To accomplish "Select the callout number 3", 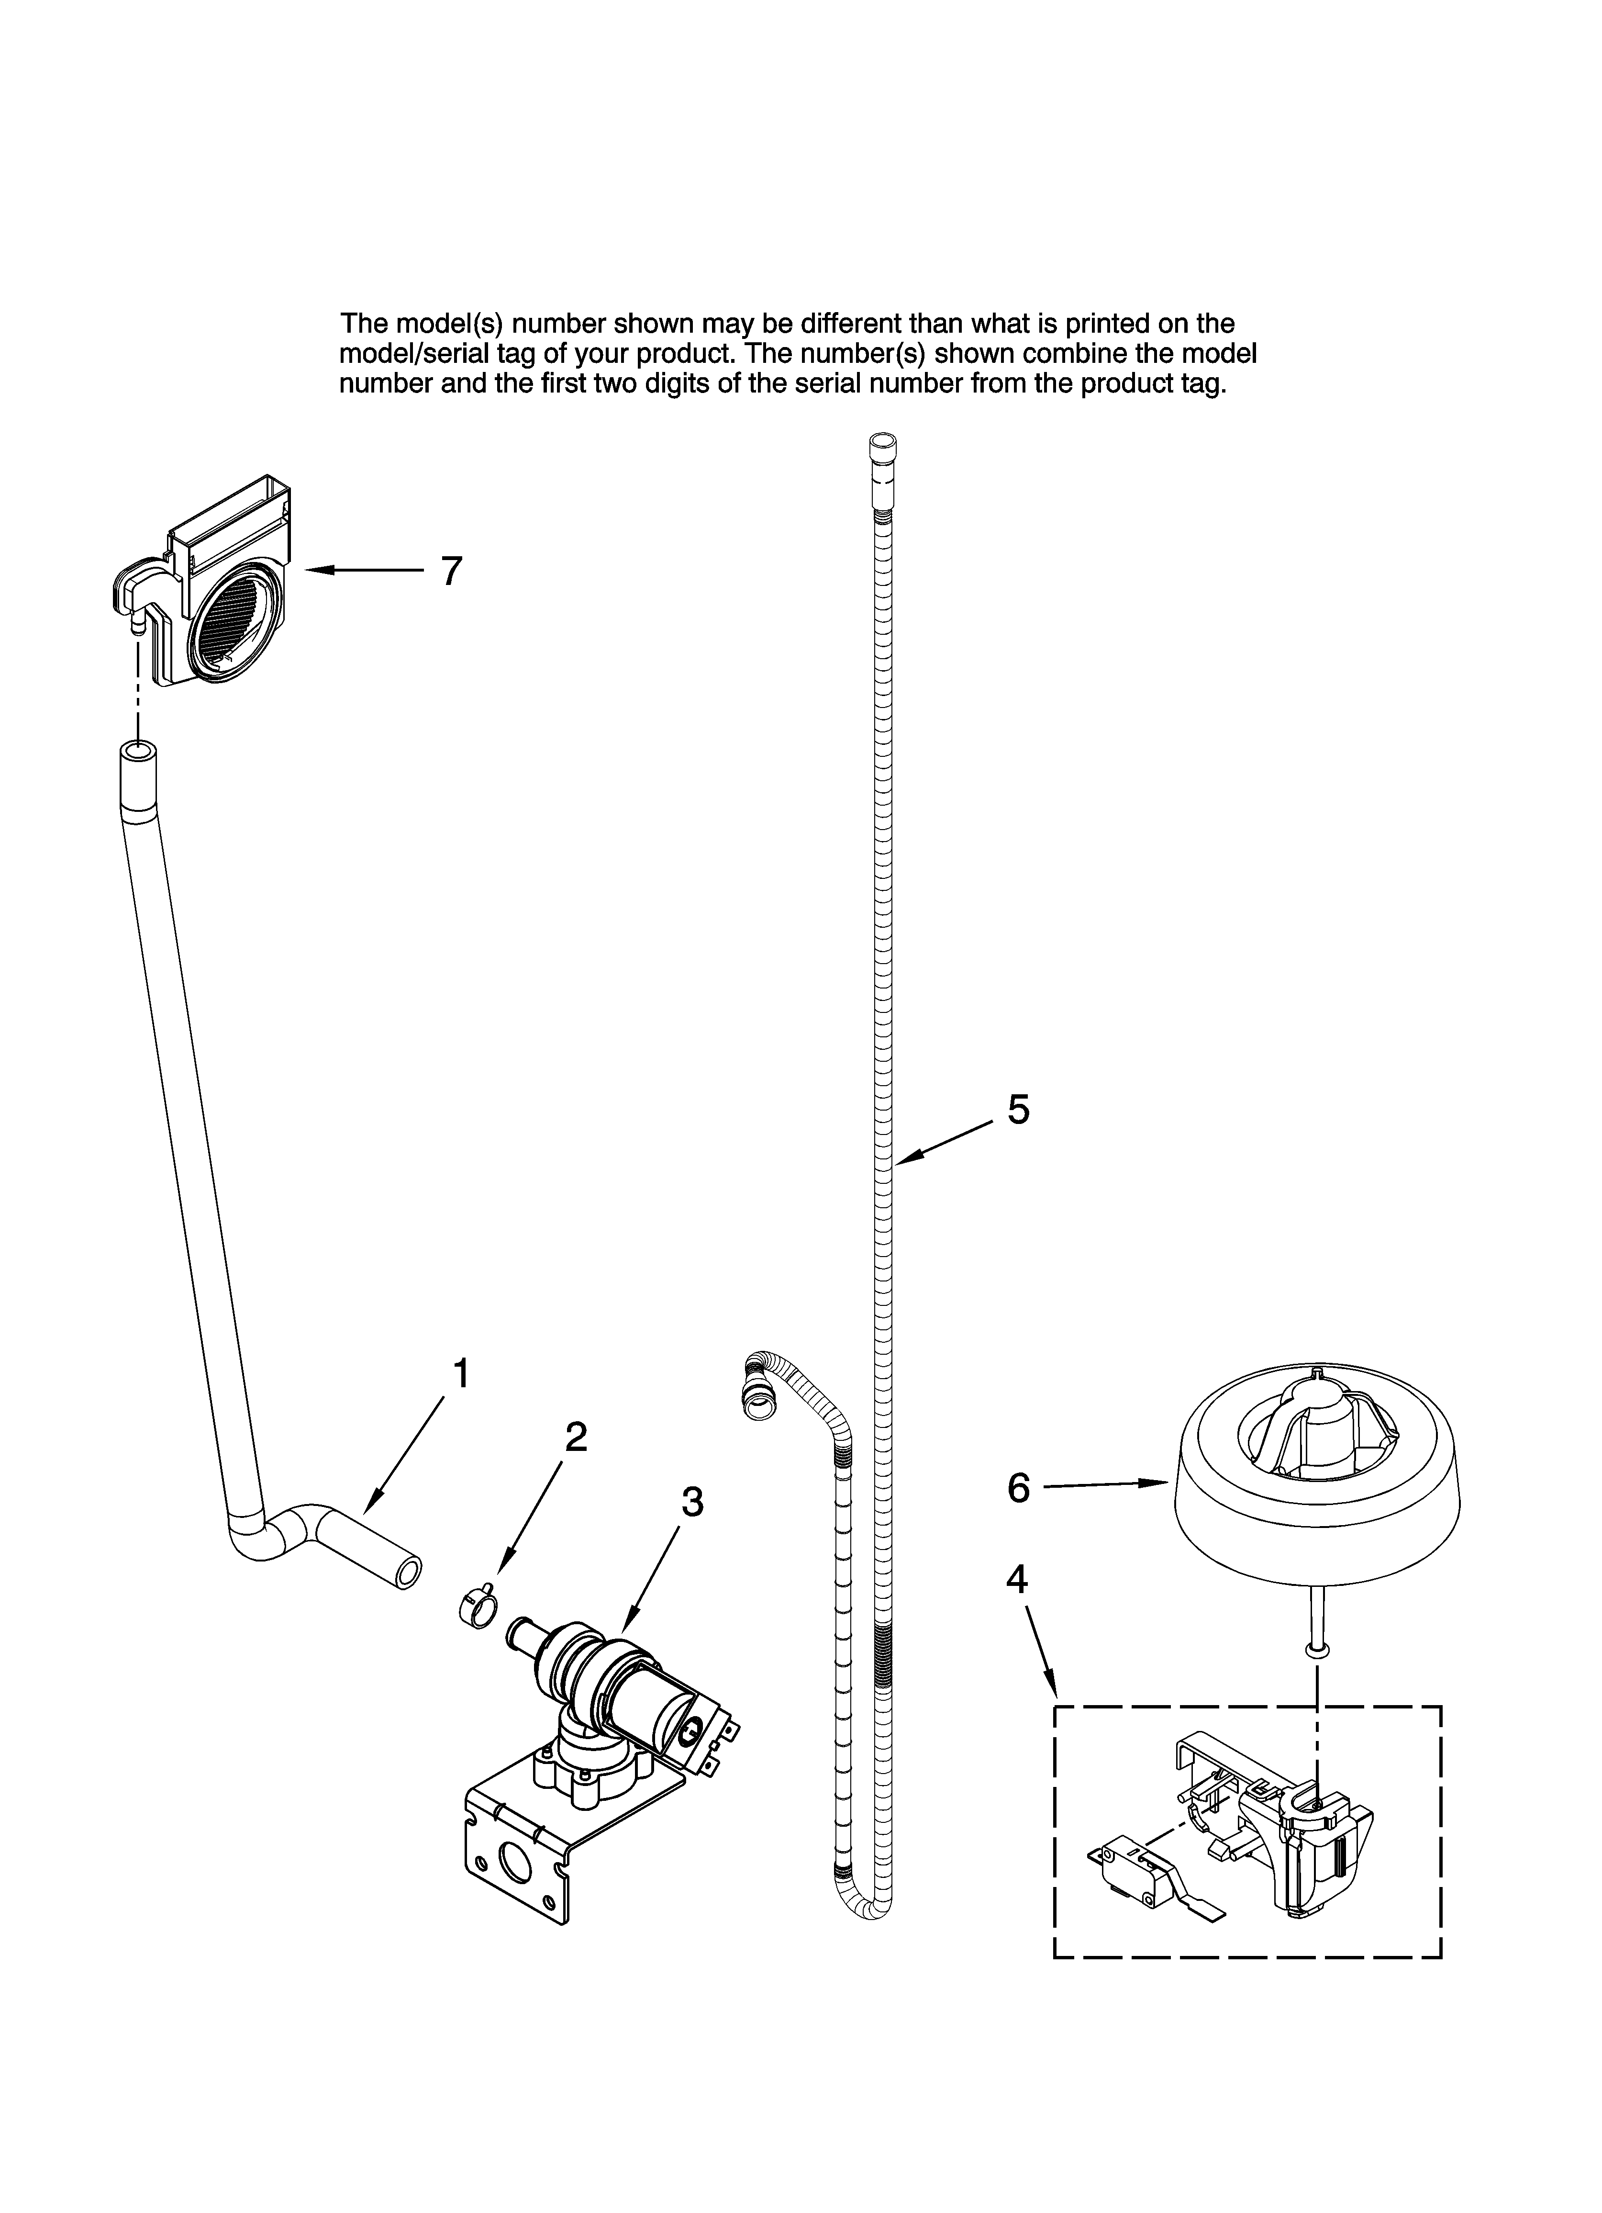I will [x=692, y=1503].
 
